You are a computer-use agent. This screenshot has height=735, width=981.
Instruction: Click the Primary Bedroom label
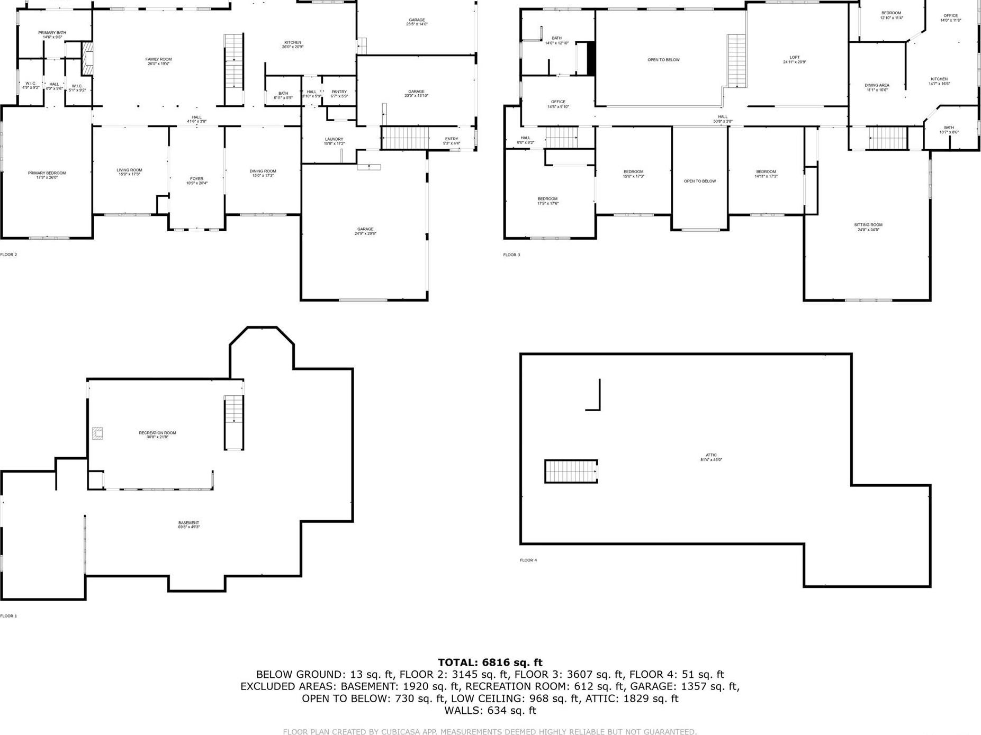point(47,173)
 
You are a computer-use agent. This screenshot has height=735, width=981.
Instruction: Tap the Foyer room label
point(196,179)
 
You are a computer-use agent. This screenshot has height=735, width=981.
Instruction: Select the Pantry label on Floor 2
point(339,92)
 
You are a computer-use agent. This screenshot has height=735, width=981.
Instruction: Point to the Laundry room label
point(334,139)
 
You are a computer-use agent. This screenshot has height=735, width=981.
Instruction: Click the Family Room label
point(158,59)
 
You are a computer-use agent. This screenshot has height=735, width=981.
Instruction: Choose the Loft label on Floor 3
point(795,57)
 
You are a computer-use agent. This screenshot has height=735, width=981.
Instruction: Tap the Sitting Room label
point(868,225)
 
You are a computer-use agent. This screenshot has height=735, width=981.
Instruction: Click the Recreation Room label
point(157,433)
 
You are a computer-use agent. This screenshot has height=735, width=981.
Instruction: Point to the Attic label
point(711,455)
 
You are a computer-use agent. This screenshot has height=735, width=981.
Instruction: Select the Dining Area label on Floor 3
point(877,85)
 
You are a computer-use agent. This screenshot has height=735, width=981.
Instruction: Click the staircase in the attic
point(571,471)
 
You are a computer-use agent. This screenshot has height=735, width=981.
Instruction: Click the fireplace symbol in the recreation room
point(97,433)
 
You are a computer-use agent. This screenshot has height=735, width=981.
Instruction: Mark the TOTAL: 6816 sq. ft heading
point(490,663)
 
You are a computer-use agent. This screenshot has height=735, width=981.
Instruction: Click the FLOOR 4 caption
point(528,560)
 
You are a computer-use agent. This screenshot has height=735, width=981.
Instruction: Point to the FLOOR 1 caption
point(8,616)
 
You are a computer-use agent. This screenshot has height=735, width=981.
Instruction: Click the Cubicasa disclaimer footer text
point(490,732)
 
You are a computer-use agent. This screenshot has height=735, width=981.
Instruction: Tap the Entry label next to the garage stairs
point(452,139)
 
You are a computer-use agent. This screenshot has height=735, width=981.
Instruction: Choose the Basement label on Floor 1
point(188,523)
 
